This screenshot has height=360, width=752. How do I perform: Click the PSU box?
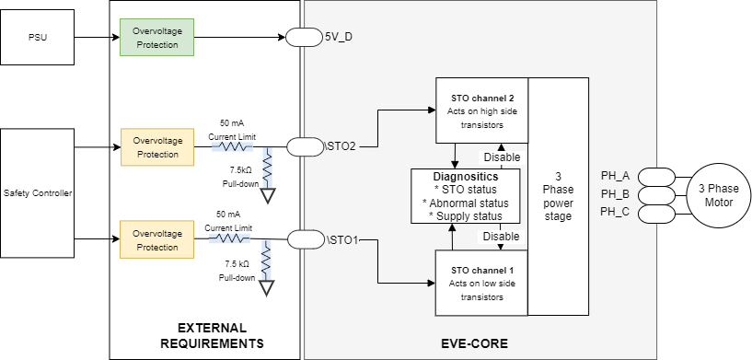[37, 38]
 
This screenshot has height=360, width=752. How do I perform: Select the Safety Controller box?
[37, 192]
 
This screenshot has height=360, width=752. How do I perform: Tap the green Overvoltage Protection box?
[156, 38]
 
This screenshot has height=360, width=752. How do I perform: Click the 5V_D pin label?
[340, 38]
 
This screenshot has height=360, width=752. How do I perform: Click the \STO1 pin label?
[342, 240]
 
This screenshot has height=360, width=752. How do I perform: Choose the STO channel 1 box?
[481, 282]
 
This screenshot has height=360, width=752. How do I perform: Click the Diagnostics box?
[465, 195]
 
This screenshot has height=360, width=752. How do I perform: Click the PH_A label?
[615, 176]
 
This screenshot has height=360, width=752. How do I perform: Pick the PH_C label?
[615, 213]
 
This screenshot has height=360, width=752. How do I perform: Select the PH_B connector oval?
[656, 194]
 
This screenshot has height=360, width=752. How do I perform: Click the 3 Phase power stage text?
[559, 195]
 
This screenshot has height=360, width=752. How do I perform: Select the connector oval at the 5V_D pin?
[301, 38]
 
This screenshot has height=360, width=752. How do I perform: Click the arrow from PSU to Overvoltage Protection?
[96, 38]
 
